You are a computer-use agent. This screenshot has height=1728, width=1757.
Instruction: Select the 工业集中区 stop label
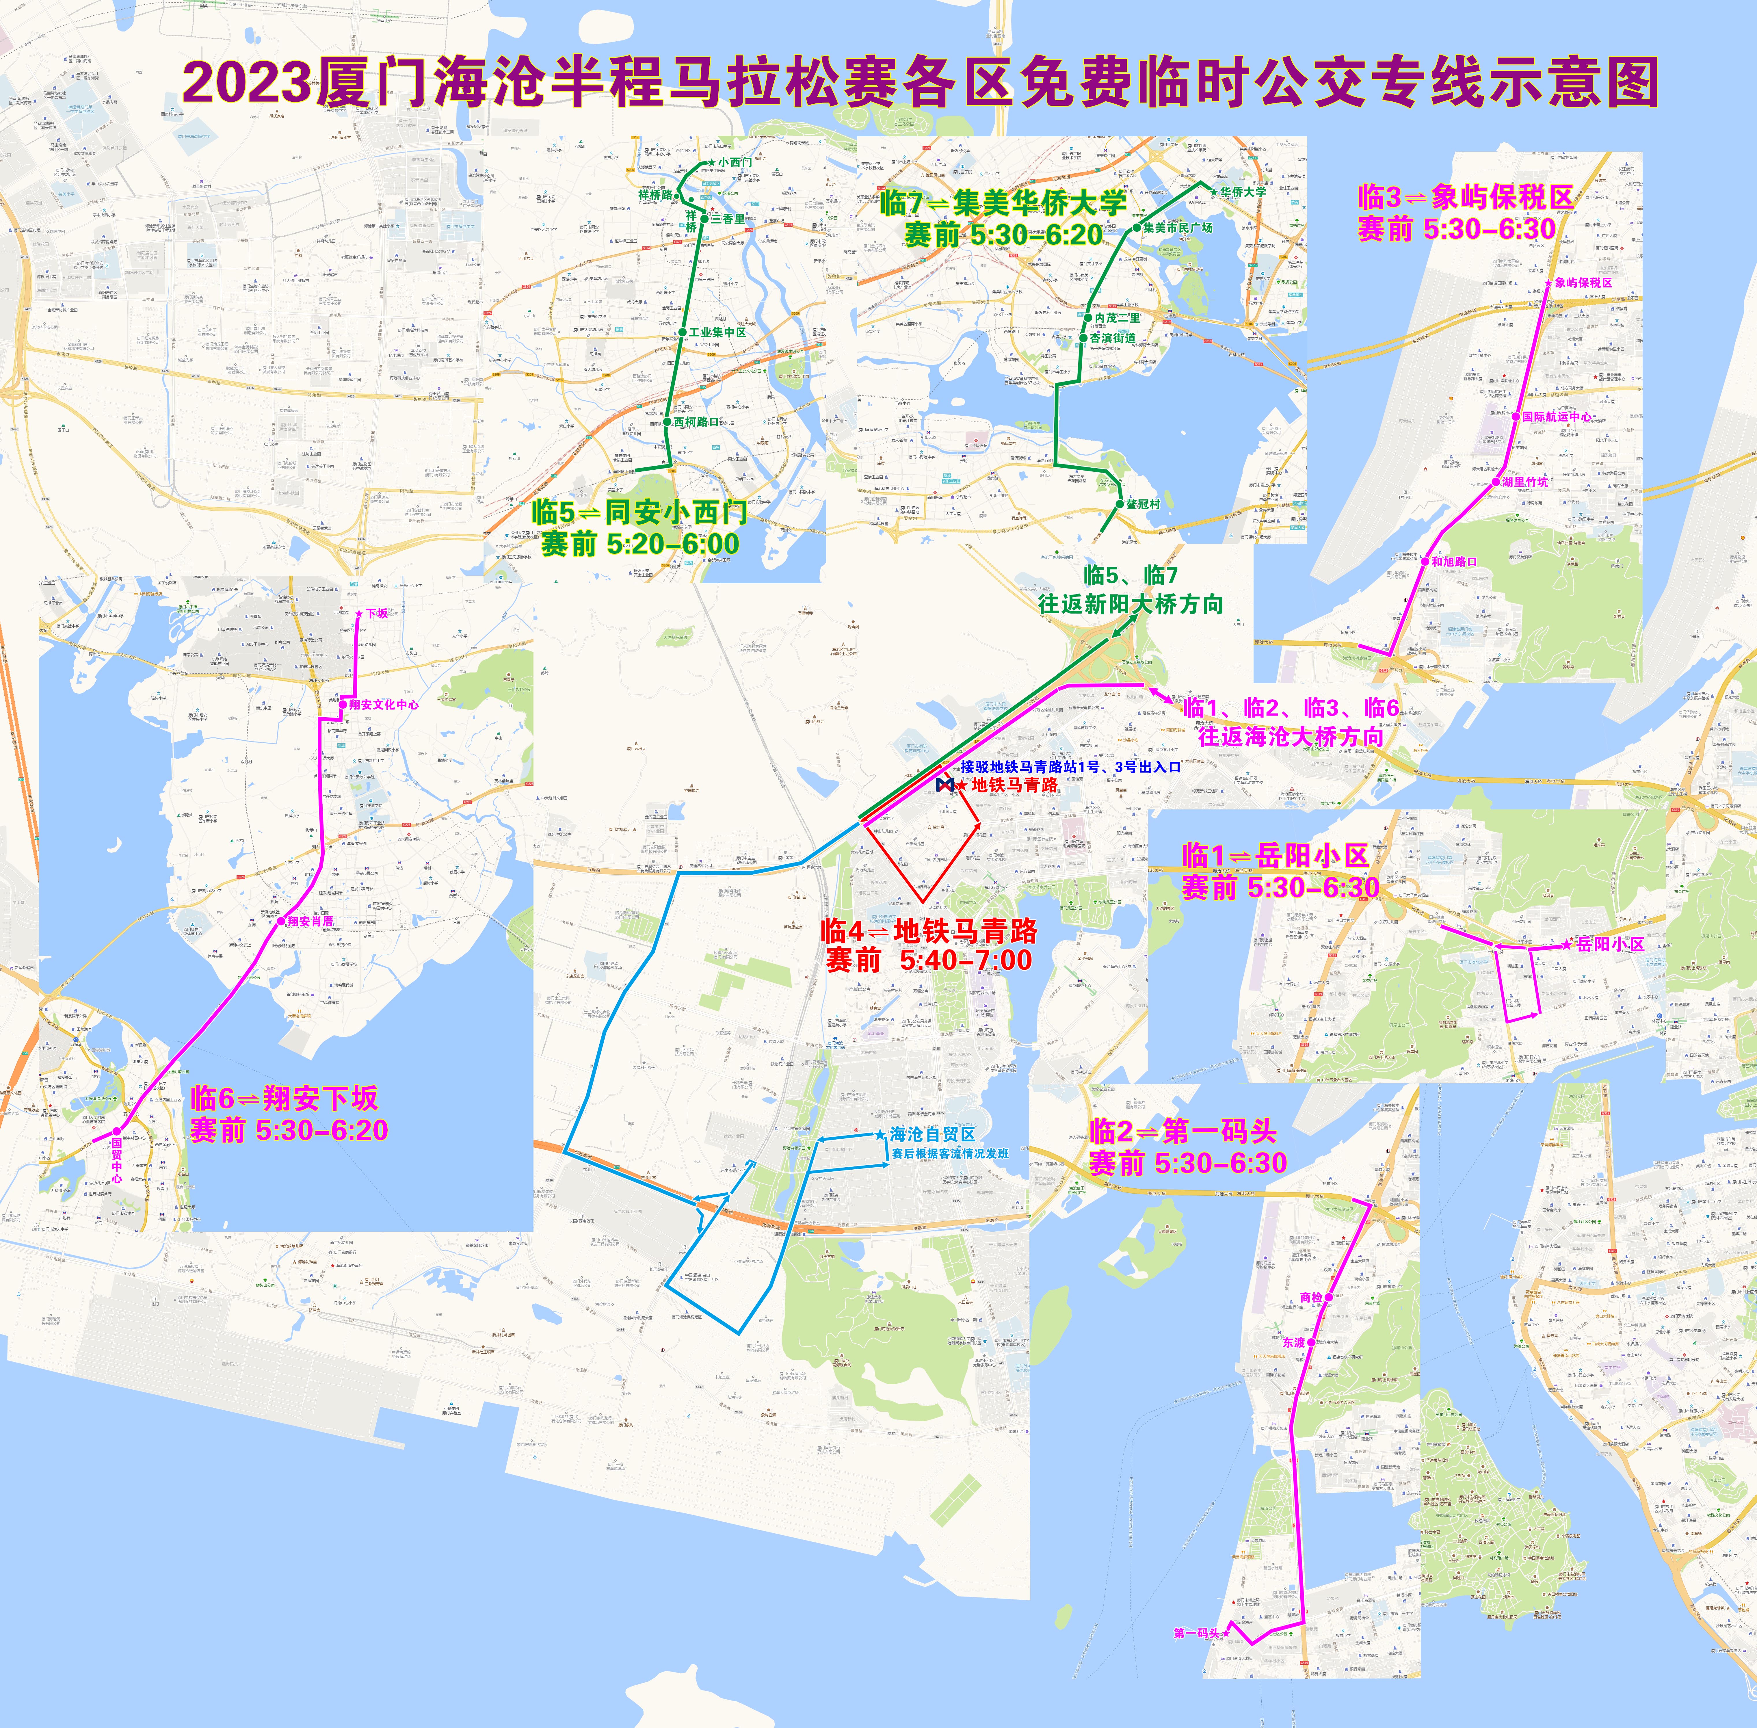point(717,332)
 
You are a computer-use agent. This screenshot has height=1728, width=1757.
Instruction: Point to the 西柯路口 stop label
point(696,422)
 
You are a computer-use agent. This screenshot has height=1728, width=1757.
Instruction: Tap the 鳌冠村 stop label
point(1143,504)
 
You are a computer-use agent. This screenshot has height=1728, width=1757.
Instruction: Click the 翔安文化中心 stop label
point(384,704)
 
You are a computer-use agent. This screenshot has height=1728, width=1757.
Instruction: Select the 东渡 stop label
point(1293,1342)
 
